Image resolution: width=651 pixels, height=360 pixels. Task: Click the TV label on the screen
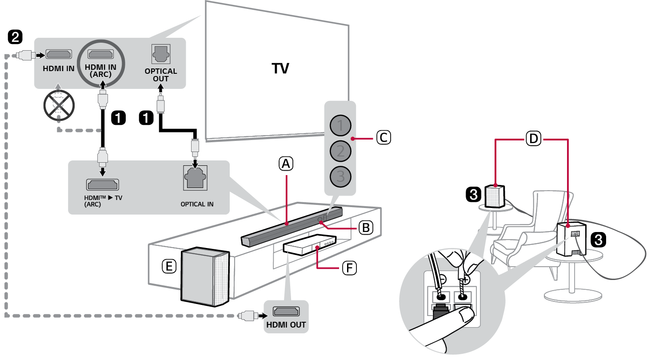(280, 69)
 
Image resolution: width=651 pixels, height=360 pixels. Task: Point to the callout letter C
(383, 138)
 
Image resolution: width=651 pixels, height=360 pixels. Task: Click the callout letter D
(533, 139)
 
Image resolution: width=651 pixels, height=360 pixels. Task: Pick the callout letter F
(349, 268)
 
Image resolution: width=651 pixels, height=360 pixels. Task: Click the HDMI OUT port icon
(286, 312)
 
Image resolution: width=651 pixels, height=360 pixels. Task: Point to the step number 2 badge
(15, 37)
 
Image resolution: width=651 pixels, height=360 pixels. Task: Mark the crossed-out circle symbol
(59, 106)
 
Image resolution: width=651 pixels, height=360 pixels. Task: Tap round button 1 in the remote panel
(340, 126)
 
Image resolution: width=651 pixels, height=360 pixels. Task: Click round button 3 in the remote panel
(340, 176)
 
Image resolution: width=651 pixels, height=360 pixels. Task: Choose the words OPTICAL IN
(197, 204)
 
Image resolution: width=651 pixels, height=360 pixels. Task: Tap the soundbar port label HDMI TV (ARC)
(103, 201)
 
